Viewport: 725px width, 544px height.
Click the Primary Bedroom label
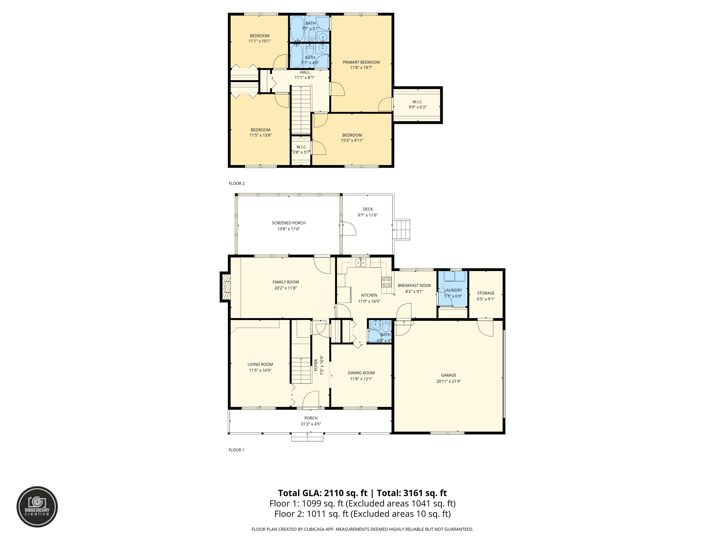(x=361, y=62)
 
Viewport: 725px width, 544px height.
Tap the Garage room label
(x=449, y=375)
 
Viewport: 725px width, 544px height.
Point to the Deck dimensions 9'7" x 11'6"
(x=368, y=215)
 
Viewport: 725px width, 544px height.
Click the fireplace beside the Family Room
(x=225, y=287)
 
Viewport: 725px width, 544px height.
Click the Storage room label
(x=486, y=293)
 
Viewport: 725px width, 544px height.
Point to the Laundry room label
(x=453, y=290)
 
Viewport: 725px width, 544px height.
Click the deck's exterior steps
(x=402, y=230)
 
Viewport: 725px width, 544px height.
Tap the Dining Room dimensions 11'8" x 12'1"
(x=361, y=379)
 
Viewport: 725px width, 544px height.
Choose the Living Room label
(x=260, y=364)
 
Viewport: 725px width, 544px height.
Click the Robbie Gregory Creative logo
(x=37, y=507)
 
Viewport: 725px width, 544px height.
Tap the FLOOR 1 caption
(x=236, y=450)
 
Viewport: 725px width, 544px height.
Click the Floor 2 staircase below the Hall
(x=301, y=110)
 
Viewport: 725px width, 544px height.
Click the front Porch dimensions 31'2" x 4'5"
(x=311, y=424)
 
